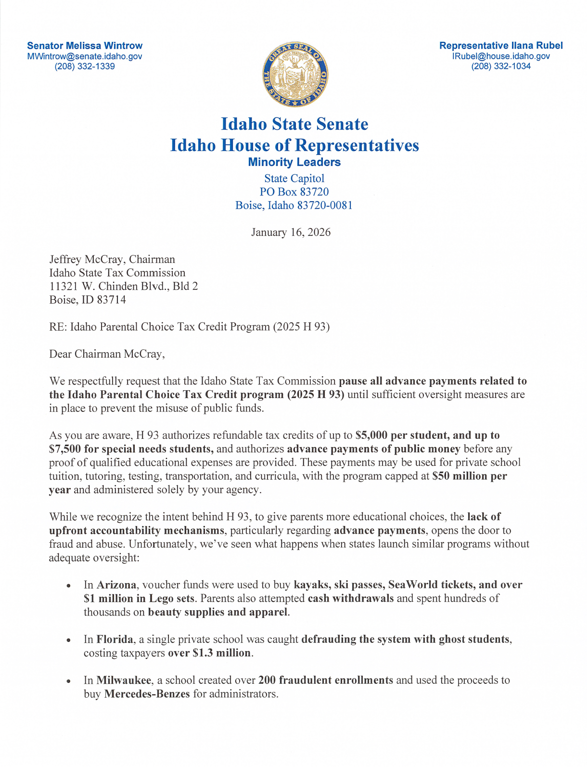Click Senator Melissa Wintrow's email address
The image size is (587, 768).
85,56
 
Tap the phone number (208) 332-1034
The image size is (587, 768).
501,66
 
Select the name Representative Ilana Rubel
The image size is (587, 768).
501,46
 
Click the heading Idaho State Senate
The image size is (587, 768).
294,124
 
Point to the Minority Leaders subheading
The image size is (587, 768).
294,162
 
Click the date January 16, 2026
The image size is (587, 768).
291,232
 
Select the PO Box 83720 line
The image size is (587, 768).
294,192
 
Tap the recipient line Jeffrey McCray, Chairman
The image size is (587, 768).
112,259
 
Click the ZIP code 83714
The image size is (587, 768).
111,300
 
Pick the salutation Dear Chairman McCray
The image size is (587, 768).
107,354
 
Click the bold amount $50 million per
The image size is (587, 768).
470,476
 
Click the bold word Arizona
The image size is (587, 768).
116,585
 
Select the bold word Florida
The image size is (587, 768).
115,640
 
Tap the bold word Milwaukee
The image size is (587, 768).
124,680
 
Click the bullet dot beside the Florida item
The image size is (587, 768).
69,640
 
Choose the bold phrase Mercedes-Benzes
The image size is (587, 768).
147,694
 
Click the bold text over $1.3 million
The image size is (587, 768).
209,653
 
